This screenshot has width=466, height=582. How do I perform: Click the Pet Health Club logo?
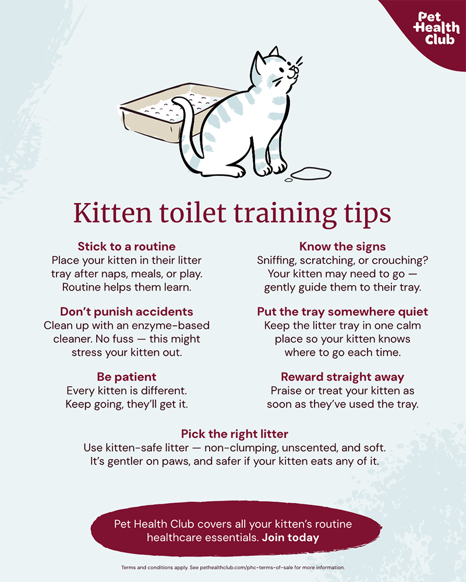pyautogui.click(x=436, y=29)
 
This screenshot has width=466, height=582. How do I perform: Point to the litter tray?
pyautogui.click(x=167, y=111)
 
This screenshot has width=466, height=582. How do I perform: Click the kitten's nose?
pyautogui.click(x=294, y=68)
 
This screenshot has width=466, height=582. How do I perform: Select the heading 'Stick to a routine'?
pyautogui.click(x=127, y=246)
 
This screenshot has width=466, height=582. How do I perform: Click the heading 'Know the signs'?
pyautogui.click(x=343, y=246)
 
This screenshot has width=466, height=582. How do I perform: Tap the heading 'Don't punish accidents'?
pyautogui.click(x=127, y=311)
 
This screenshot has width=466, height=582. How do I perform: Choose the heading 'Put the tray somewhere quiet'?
pyautogui.click(x=343, y=311)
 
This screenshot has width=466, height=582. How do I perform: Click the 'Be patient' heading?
pyautogui.click(x=127, y=377)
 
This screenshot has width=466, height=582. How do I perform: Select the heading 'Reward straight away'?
pyautogui.click(x=343, y=377)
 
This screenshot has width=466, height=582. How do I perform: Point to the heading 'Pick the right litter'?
pyautogui.click(x=235, y=434)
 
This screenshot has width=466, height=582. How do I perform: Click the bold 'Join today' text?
pyautogui.click(x=291, y=537)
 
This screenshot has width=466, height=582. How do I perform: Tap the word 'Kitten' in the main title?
pyautogui.click(x=112, y=213)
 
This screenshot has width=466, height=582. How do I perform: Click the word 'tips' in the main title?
pyautogui.click(x=367, y=214)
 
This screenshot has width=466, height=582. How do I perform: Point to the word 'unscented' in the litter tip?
pyautogui.click(x=309, y=448)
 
